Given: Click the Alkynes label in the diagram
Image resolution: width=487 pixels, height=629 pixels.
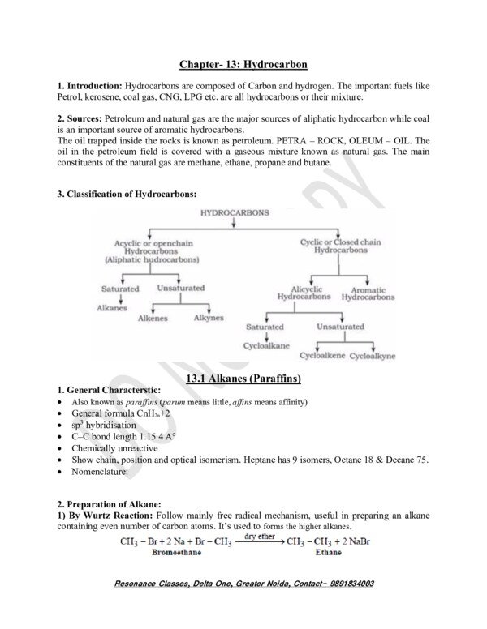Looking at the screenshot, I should point(209,319).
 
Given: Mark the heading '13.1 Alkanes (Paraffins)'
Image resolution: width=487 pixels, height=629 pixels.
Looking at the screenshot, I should point(243,378).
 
